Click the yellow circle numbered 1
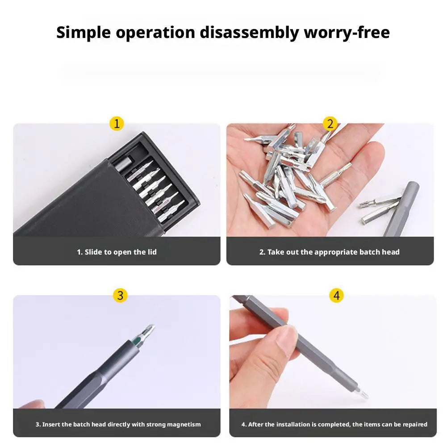[117, 124]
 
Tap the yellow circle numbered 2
[330, 124]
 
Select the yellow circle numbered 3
[120, 296]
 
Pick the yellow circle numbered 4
[336, 296]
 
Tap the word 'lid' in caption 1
[152, 252]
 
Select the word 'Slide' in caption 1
[93, 252]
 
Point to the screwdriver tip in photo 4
[363, 394]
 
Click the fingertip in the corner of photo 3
[31, 404]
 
